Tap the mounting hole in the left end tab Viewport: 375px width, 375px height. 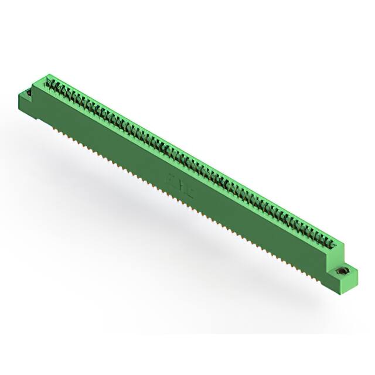pyautogui.click(x=28, y=92)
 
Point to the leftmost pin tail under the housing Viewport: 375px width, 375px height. pyautogui.click(x=56, y=125)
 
